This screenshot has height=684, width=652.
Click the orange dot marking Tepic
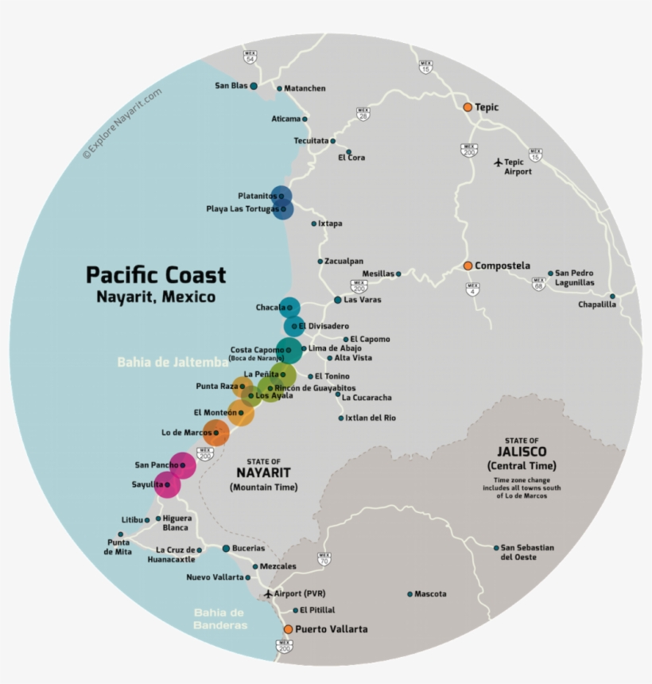pyautogui.click(x=468, y=107)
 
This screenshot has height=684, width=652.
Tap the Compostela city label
pyautogui.click(x=503, y=266)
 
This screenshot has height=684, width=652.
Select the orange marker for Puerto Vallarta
pyautogui.click(x=288, y=629)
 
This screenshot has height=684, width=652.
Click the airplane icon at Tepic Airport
pyautogui.click(x=499, y=162)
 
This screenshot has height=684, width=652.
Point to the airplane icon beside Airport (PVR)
pyautogui.click(x=268, y=594)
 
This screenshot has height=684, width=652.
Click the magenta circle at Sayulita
pyautogui.click(x=167, y=484)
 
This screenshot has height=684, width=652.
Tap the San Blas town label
pyautogui.click(x=231, y=86)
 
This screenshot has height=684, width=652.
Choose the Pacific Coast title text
pyautogui.click(x=156, y=275)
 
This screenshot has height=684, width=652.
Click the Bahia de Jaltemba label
pyautogui.click(x=173, y=362)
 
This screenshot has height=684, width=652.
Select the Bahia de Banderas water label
pyautogui.click(x=220, y=619)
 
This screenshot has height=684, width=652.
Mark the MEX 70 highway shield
pyautogui.click(x=324, y=559)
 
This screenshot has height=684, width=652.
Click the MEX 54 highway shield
pyautogui.click(x=250, y=57)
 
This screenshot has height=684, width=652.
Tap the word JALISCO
pyautogui.click(x=522, y=452)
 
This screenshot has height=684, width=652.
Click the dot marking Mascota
pyautogui.click(x=410, y=594)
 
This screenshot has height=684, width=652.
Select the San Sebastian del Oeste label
pyautogui.click(x=527, y=552)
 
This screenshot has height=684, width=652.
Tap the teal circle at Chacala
pyautogui.click(x=289, y=307)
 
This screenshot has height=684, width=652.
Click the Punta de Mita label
pyautogui.click(x=118, y=547)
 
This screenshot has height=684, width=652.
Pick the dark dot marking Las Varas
pyautogui.click(x=338, y=300)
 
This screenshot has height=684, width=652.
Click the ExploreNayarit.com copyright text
pyautogui.click(x=122, y=124)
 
